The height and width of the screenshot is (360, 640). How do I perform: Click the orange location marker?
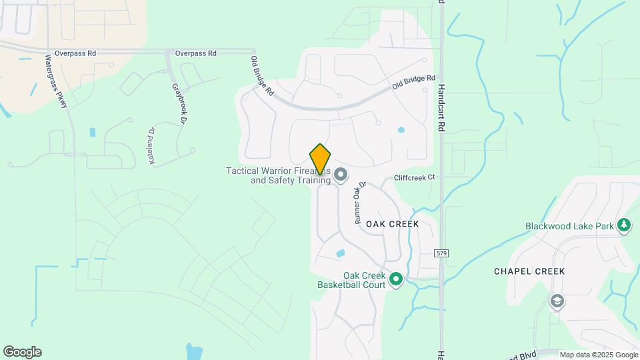coord(321,159)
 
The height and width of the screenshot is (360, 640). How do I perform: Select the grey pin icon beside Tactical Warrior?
coord(341,175)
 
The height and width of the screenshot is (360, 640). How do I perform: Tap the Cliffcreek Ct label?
coord(414,177)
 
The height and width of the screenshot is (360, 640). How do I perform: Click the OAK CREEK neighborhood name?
coord(393,224)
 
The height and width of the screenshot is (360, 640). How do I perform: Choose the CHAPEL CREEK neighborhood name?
coord(529,271)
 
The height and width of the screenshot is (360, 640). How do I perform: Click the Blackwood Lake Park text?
coord(569,226)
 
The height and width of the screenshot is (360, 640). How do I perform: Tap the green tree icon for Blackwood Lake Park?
coord(624,225)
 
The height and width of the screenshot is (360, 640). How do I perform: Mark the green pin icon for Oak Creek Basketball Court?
coord(396,279)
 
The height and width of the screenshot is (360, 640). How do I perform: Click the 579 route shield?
coord(441,253)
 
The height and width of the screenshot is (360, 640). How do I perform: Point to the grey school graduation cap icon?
coord(557,302)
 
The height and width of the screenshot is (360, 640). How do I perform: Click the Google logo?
coord(22,352)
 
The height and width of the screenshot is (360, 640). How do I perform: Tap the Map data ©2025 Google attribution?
coord(598,355)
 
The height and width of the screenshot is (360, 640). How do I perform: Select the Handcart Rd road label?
coord(441,107)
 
